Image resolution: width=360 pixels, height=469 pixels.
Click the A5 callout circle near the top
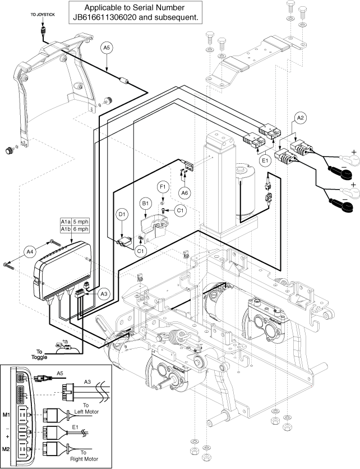tap(108, 49)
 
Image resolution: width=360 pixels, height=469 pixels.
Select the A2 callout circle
tap(300, 118)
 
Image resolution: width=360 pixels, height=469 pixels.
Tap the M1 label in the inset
tap(7, 415)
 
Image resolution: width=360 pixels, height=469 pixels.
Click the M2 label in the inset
tap(7, 449)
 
